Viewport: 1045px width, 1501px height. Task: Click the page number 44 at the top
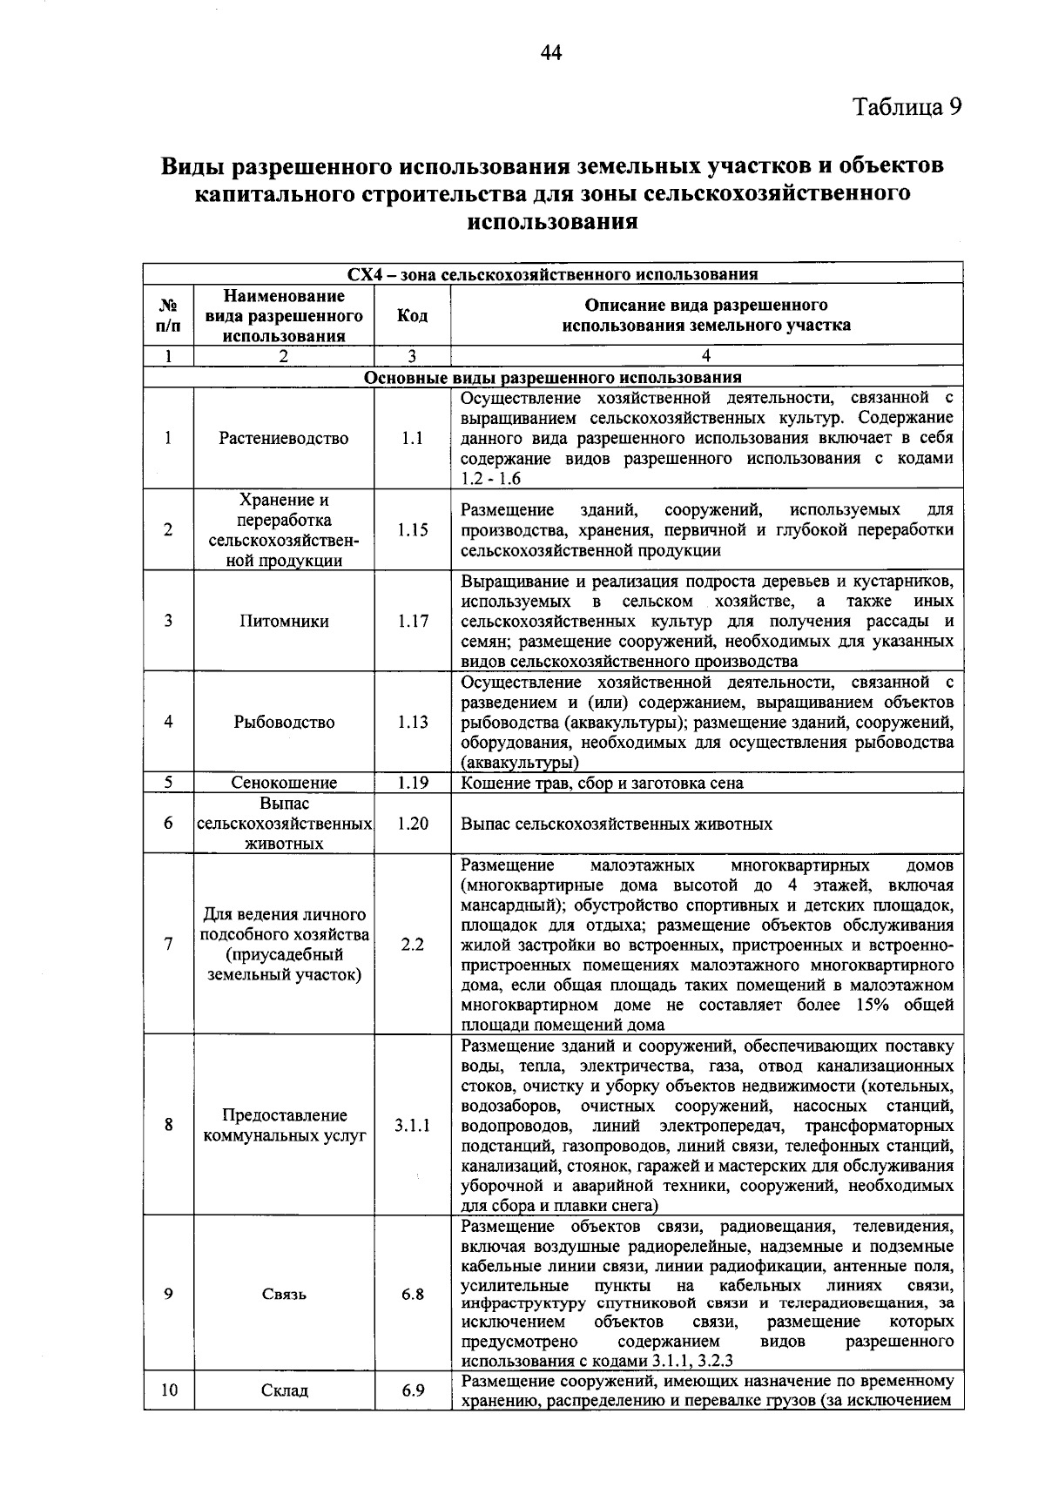pos(551,54)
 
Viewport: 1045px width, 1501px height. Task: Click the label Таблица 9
pos(907,107)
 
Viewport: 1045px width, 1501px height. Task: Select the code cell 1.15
pos(413,529)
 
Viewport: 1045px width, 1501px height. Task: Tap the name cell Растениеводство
pos(284,438)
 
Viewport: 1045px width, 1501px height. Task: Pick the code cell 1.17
pos(413,621)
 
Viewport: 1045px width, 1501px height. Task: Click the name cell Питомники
pos(284,621)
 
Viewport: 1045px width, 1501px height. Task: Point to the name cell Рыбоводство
pos(284,722)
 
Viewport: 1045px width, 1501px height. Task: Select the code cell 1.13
pos(413,722)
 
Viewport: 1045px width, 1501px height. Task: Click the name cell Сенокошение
pos(284,783)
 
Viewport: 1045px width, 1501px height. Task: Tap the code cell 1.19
pos(413,783)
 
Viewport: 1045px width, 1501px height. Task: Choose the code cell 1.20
pos(413,823)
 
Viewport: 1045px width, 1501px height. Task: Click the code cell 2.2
pos(413,944)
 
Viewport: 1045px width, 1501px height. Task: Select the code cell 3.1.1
pos(413,1125)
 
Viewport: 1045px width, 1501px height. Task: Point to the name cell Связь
pos(284,1294)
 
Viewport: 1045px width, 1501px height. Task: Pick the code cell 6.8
pos(413,1294)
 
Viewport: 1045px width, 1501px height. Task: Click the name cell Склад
pos(284,1390)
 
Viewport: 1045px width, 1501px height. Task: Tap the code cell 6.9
pos(413,1390)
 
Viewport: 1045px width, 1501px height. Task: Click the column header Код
pos(413,315)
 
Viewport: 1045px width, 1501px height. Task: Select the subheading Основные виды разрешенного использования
pos(553,377)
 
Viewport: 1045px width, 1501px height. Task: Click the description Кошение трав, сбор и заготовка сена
pos(602,783)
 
